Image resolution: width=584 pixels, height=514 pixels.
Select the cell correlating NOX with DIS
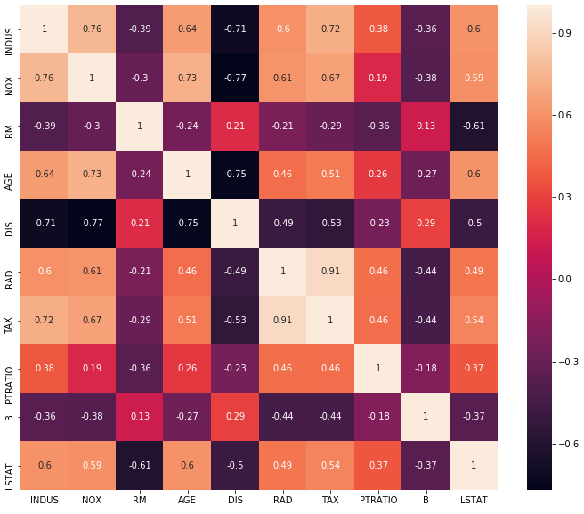235,78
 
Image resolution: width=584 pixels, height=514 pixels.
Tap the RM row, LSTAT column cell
474,126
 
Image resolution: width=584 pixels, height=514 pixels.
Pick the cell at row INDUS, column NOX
92,29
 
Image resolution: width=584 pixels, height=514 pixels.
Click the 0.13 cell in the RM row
426,126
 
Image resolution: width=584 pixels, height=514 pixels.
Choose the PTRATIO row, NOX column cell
92,368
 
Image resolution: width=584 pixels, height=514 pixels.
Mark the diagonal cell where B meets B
426,417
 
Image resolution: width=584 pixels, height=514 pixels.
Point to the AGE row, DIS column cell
235,175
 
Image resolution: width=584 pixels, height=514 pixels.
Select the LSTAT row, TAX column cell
330,465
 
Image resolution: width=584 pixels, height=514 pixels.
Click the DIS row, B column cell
426,223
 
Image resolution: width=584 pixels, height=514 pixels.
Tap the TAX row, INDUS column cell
44,320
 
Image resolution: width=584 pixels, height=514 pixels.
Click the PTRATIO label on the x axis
378,501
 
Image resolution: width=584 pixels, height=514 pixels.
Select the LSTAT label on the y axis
9,465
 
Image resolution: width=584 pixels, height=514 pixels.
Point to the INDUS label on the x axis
44,501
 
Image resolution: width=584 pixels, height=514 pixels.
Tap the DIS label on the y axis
9,223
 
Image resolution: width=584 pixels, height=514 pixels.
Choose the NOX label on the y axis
9,78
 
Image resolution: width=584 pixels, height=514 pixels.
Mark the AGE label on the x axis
187,501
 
